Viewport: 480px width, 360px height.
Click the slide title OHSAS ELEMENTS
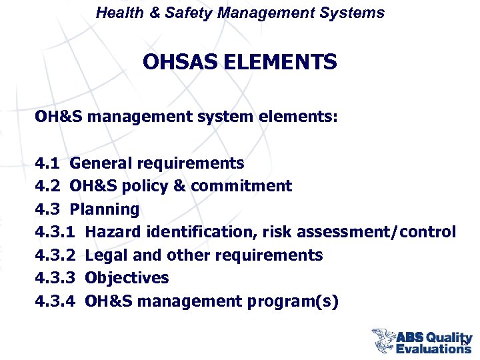[x=240, y=63]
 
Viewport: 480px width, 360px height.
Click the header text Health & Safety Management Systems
[x=240, y=13]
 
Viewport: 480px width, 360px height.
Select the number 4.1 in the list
[x=47, y=163]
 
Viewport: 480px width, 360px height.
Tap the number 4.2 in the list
[x=47, y=186]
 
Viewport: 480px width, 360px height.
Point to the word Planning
[x=105, y=209]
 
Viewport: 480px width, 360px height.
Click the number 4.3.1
[x=55, y=232]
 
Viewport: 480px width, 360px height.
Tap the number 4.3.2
[x=55, y=255]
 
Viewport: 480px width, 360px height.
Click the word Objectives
[x=127, y=278]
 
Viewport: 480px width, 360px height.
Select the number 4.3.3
[x=55, y=278]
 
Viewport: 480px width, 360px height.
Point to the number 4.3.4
[x=55, y=301]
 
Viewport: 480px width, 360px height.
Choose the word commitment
[x=241, y=186]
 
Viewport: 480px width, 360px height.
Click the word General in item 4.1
[x=101, y=163]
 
